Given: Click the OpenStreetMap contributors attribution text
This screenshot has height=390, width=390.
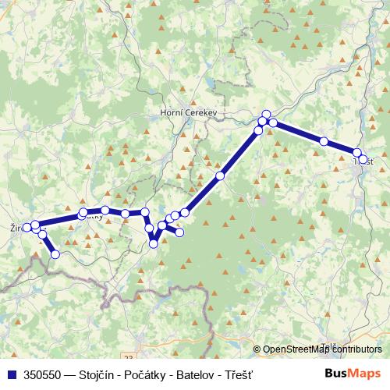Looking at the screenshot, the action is [x=321, y=349].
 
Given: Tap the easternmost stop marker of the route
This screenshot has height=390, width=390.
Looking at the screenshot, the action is [x=363, y=159].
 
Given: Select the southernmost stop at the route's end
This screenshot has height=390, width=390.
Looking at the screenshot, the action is [x=55, y=253].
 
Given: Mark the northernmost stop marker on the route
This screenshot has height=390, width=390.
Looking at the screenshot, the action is [x=266, y=115].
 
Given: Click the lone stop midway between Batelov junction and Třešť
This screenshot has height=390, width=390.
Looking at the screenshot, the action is [x=323, y=141].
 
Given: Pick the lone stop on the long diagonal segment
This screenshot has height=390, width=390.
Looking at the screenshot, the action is [x=220, y=176].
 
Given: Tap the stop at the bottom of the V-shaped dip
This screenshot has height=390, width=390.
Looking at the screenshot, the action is [x=154, y=244].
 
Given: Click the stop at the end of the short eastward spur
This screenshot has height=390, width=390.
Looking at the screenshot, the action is [x=180, y=232].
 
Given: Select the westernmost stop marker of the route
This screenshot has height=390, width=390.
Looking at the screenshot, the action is [x=27, y=228].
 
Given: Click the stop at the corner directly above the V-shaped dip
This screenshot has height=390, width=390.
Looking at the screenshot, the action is [x=145, y=211].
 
